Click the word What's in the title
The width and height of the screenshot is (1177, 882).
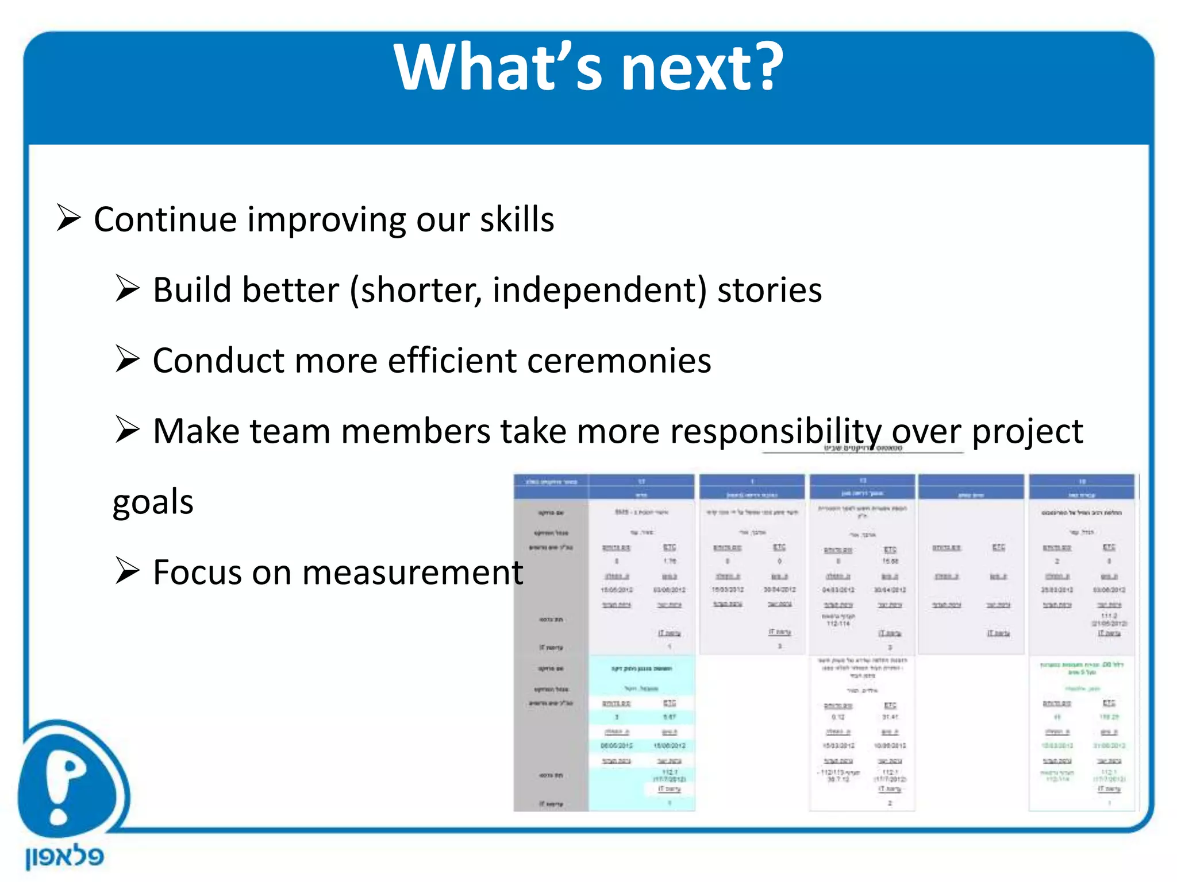[x=499, y=68]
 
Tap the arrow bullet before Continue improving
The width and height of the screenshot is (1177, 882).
[x=68, y=218]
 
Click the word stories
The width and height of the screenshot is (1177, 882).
[x=770, y=289]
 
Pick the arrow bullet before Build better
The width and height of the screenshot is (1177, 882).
[x=127, y=288]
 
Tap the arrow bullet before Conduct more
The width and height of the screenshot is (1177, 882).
[x=127, y=359]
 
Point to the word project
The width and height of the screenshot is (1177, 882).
[x=1027, y=431]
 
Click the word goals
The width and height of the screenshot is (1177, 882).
[x=153, y=501]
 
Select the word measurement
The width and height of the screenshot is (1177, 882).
[x=412, y=572]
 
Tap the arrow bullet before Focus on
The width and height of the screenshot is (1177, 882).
[x=127, y=571]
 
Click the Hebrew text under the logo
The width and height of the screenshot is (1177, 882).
[x=64, y=857]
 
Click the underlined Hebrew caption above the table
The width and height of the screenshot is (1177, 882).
[x=863, y=448]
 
